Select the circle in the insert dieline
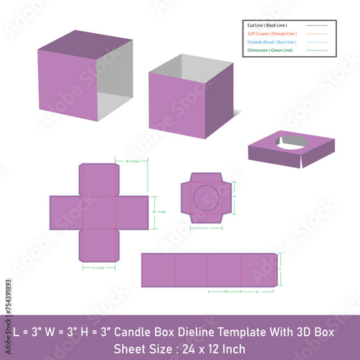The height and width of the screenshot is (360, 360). [206, 197]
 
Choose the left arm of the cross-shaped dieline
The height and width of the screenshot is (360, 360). [65, 212]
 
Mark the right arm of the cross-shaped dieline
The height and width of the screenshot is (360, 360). [132, 212]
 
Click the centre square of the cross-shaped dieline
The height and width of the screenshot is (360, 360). [98, 212]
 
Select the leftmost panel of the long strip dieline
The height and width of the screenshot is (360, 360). [158, 270]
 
